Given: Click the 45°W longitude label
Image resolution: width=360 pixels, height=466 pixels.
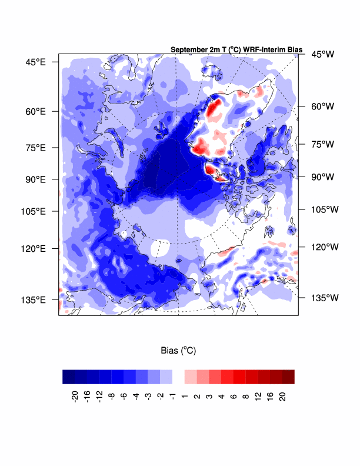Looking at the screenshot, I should pos(322,54).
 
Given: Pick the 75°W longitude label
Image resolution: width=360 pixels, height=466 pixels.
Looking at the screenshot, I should pos(322,144).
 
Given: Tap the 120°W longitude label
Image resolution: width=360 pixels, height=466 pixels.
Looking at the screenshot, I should pos(325,248).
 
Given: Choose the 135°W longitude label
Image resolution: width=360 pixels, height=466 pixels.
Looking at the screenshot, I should pos(325,298).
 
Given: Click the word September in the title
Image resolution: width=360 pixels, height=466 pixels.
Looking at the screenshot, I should pos(188,50).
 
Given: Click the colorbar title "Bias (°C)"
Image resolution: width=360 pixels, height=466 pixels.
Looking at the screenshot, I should pos(178,350).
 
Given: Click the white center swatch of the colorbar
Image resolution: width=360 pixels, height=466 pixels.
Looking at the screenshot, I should pos(178,377).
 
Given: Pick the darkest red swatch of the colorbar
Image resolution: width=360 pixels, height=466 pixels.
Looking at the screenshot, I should pos(288,377).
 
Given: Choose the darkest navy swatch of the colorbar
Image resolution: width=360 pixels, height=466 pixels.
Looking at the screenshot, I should pos(68,377).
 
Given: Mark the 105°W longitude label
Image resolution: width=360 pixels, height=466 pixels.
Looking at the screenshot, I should pos(325,209).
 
